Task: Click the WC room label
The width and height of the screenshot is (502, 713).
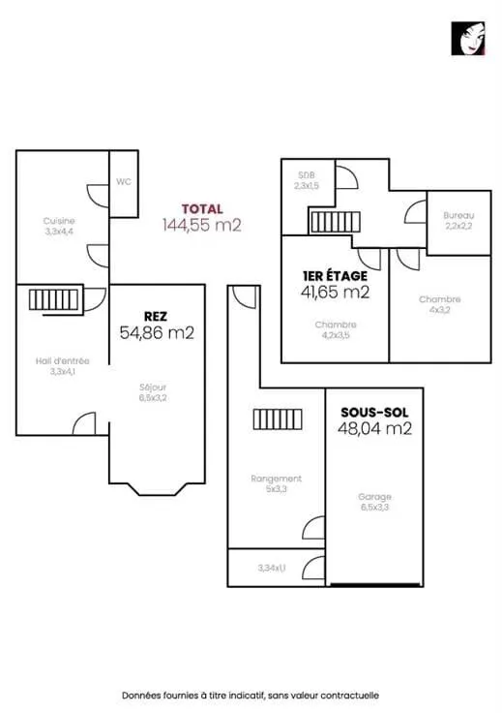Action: [124, 181]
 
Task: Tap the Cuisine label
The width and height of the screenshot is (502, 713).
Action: [59, 221]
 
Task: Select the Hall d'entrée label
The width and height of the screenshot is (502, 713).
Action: [63, 361]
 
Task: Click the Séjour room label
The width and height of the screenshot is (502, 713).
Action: [153, 387]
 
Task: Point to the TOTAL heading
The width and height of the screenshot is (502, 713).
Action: [202, 209]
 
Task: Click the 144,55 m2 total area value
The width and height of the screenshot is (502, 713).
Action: [202, 225]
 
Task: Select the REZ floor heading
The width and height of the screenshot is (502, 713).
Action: [155, 317]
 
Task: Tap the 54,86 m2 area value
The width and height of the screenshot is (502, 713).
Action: [157, 333]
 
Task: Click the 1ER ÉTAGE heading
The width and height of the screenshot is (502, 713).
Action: [335, 275]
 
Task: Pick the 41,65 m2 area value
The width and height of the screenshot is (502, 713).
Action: [336, 292]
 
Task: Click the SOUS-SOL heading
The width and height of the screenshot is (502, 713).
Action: [374, 413]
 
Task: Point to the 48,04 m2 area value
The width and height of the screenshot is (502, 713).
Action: [375, 428]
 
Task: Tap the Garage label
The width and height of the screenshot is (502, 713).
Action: [374, 497]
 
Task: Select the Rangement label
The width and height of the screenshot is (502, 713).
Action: [276, 479]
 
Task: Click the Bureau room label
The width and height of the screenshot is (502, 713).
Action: [458, 215]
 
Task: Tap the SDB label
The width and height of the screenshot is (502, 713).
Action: [307, 175]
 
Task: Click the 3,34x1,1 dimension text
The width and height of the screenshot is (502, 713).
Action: [272, 568]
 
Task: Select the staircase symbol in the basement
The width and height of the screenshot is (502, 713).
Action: [278, 419]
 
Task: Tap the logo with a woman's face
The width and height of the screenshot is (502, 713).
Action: [468, 39]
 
